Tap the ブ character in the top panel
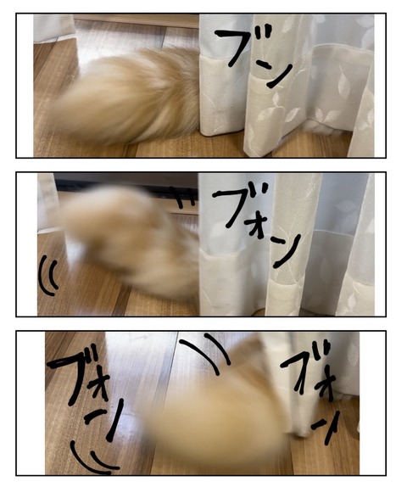click(x=243, y=47)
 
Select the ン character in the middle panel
click(x=287, y=251)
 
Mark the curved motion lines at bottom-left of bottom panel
click(x=92, y=457)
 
